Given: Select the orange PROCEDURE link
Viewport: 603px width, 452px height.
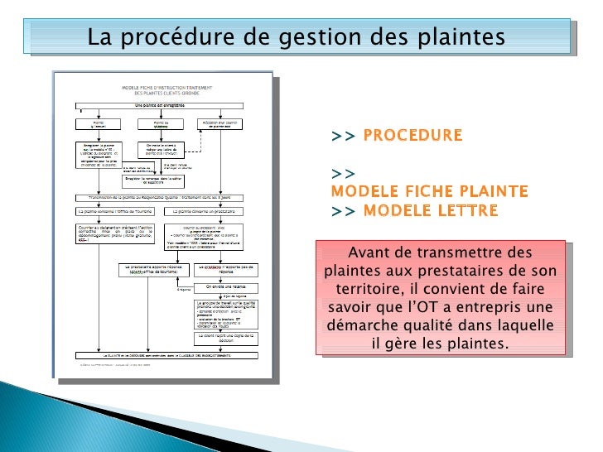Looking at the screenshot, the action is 412,136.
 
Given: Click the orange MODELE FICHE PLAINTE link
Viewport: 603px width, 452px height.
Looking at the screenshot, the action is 429,192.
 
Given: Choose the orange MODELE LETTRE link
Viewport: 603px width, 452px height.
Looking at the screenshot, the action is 431,210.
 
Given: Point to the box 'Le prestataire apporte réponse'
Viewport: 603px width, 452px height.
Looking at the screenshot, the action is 151,269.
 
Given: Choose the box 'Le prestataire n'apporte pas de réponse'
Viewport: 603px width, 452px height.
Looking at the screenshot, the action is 224,269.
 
